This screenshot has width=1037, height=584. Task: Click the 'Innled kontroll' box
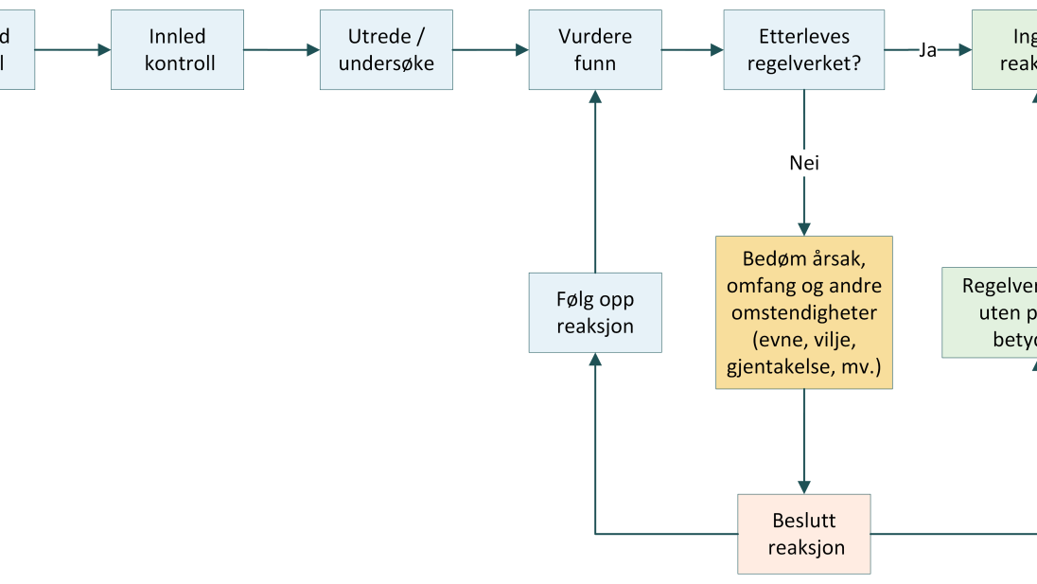(x=177, y=50)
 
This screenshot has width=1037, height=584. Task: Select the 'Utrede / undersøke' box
(x=386, y=50)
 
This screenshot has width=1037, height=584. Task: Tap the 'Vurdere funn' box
(x=594, y=50)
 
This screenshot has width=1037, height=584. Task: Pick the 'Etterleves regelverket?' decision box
(x=804, y=50)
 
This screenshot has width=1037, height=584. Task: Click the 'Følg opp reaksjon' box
(x=594, y=312)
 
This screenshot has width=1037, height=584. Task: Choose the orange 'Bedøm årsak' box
(x=804, y=312)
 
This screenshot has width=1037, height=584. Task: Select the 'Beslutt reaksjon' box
(x=804, y=534)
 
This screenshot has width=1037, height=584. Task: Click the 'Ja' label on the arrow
(x=927, y=50)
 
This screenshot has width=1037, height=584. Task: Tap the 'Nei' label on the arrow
(x=804, y=164)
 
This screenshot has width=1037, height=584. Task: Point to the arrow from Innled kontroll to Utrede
(x=281, y=50)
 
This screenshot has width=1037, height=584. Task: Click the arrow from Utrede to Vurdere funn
(x=490, y=50)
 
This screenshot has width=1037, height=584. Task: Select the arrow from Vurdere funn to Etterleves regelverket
(x=693, y=50)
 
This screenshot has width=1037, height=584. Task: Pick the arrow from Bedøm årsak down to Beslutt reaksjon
(x=804, y=441)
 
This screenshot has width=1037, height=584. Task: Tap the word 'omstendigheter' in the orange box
(x=804, y=313)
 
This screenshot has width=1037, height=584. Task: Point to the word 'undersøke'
(x=386, y=63)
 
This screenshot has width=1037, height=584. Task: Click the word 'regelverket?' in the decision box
(x=804, y=63)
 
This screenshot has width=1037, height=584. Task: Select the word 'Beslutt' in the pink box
(x=804, y=521)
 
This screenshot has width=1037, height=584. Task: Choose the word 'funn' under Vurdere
(x=594, y=63)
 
